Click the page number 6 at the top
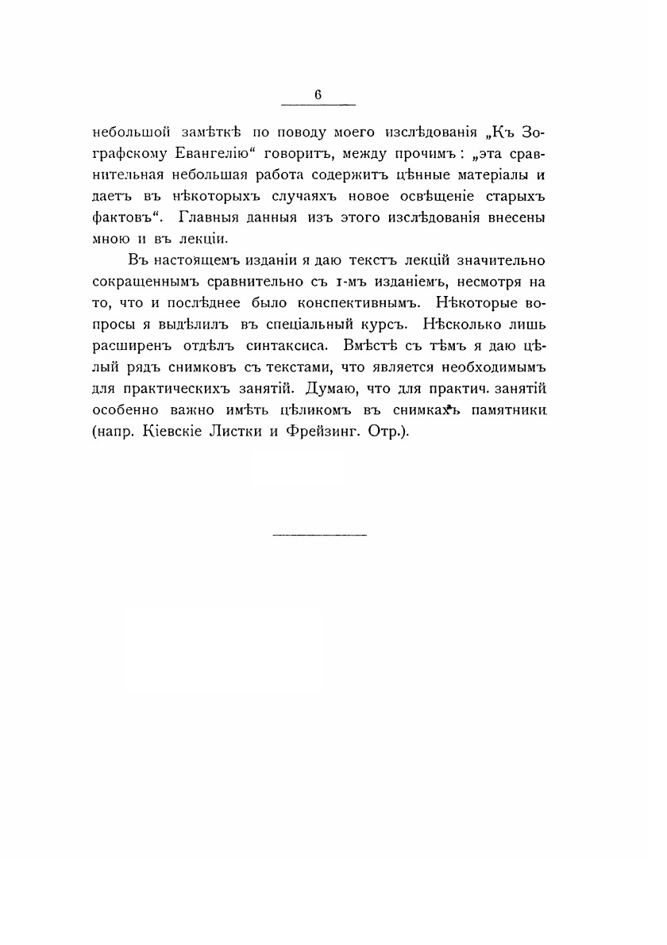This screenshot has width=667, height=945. pos(318,94)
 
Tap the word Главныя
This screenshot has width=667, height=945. pos(210,217)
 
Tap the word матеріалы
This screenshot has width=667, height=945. pos(471,175)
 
